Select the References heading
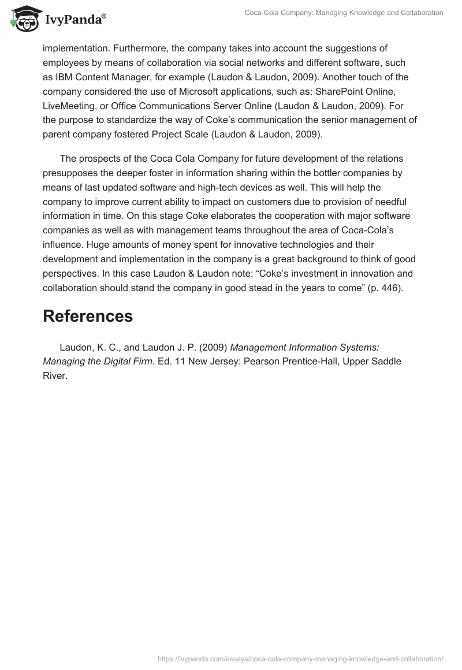(x=88, y=316)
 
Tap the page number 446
(x=390, y=287)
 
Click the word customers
(x=255, y=201)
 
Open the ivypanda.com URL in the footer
(x=300, y=658)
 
